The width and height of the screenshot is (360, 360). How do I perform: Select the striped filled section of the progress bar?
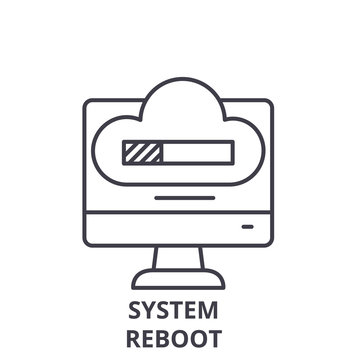coord(140,152)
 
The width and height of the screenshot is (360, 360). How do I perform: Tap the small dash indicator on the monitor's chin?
coord(247,227)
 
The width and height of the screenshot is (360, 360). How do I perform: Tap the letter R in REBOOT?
coord(135,336)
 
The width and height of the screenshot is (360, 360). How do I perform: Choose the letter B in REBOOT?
coord(166,336)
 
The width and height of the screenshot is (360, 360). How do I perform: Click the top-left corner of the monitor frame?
coord(87,101)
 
